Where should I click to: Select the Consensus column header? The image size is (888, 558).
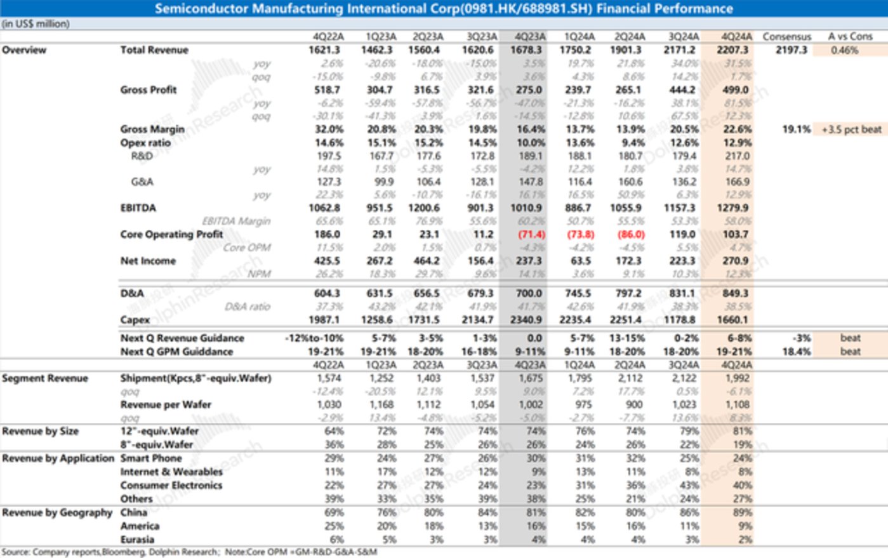click(x=786, y=36)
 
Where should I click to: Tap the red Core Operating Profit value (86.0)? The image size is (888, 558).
click(x=631, y=234)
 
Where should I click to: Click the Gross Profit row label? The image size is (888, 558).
click(x=149, y=90)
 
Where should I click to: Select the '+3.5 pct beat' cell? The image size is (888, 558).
click(x=851, y=130)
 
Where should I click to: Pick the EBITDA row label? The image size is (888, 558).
click(x=138, y=208)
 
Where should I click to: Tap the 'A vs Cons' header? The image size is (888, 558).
click(x=850, y=36)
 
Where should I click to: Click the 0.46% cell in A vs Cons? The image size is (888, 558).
click(x=844, y=50)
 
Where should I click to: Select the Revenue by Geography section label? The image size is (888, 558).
click(x=57, y=512)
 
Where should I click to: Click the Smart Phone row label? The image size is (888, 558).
click(x=151, y=458)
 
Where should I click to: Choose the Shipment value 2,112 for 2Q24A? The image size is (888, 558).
click(x=632, y=378)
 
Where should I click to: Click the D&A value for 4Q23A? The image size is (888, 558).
click(x=529, y=293)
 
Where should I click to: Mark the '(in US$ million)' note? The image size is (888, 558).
click(x=36, y=24)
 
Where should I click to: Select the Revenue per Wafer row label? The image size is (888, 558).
click(x=166, y=404)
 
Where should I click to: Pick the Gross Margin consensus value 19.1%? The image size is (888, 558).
click(x=796, y=130)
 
